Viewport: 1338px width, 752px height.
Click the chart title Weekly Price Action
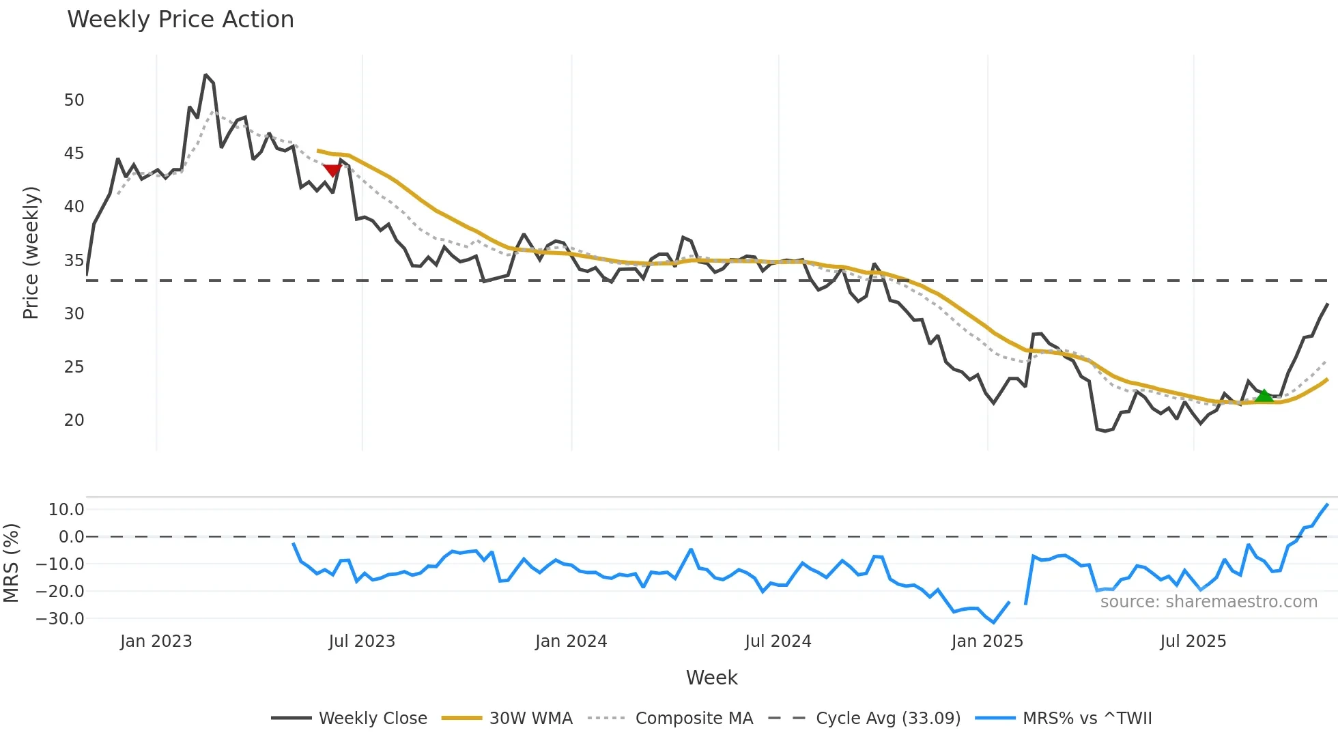pyautogui.click(x=180, y=20)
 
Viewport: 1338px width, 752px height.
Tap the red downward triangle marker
pyautogui.click(x=332, y=170)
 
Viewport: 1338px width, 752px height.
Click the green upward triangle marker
pyautogui.click(x=1264, y=396)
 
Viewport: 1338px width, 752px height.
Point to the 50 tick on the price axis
pyautogui.click(x=74, y=100)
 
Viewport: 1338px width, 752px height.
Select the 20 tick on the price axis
pyautogui.click(x=74, y=420)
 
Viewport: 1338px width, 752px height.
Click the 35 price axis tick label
pyautogui.click(x=74, y=261)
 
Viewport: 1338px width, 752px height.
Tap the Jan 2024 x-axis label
pyautogui.click(x=571, y=641)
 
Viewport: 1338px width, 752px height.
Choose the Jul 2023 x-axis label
pyautogui.click(x=362, y=641)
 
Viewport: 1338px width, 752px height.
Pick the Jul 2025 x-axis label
pyautogui.click(x=1193, y=641)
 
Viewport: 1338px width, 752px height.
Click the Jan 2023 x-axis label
pyautogui.click(x=156, y=641)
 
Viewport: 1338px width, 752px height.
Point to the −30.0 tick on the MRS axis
pyautogui.click(x=60, y=619)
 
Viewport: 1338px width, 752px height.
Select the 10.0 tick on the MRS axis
pyautogui.click(x=66, y=510)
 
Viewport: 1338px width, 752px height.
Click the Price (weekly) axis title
pyautogui.click(x=31, y=252)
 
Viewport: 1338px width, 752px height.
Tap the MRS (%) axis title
pyautogui.click(x=11, y=563)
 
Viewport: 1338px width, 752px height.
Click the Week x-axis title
pyautogui.click(x=711, y=678)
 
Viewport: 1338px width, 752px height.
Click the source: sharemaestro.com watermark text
pyautogui.click(x=1208, y=602)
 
